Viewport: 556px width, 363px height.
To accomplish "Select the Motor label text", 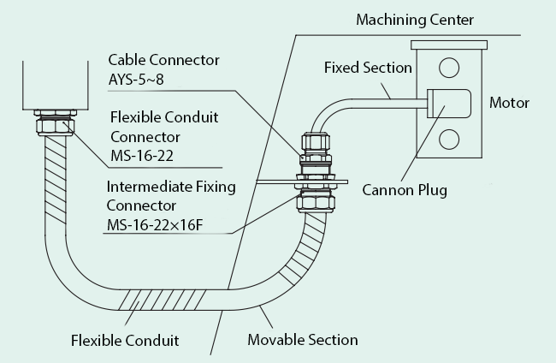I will point(509,103).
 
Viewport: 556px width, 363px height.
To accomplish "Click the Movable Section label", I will point(302,340).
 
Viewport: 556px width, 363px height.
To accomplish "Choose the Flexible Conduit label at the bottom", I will point(125,340).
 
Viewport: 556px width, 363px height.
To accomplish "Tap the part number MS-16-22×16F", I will point(158,223).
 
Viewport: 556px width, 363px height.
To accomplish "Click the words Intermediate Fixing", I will point(170,186).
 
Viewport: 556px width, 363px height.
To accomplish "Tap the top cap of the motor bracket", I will point(448,44).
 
